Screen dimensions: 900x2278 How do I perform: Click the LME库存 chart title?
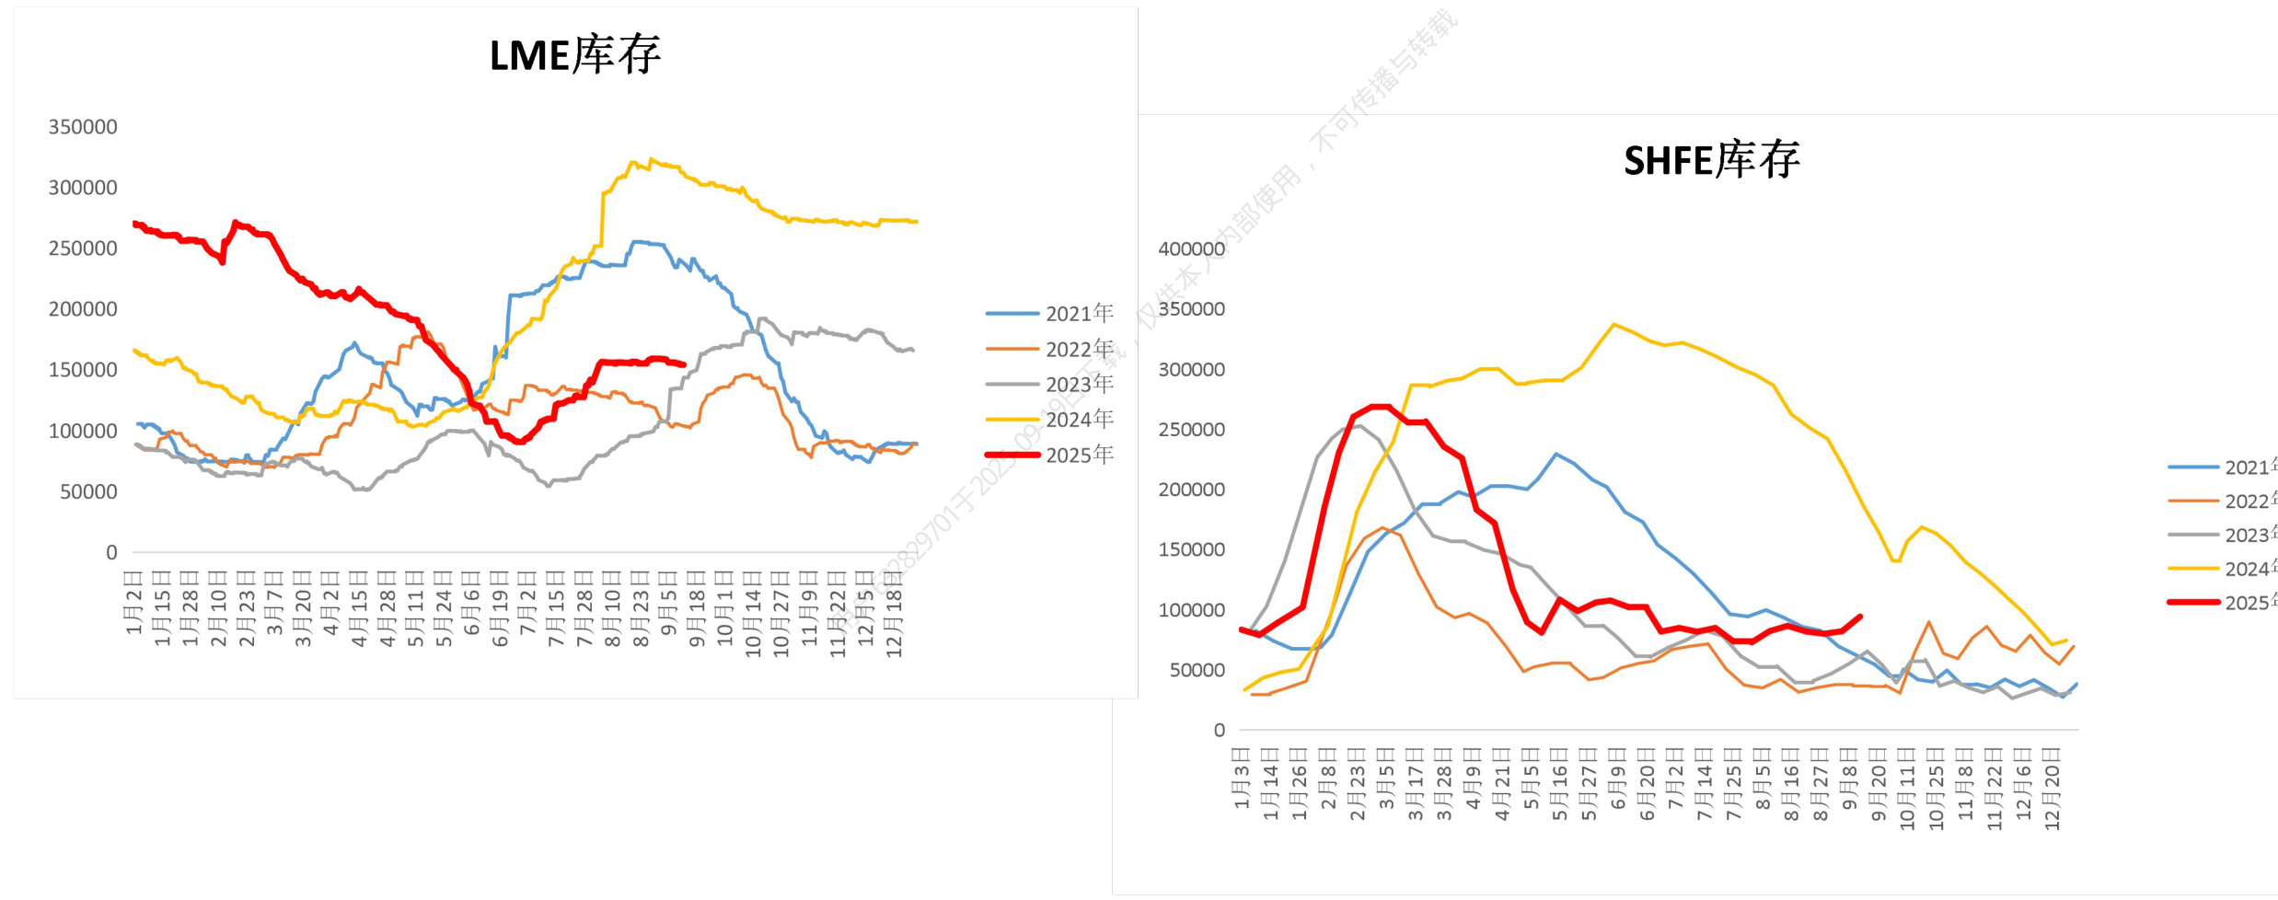pyautogui.click(x=574, y=56)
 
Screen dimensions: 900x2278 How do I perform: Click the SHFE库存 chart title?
pyautogui.click(x=1711, y=161)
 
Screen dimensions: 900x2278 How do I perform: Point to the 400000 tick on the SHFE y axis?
pyautogui.click(x=1191, y=248)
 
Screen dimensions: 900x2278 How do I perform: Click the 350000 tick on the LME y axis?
pyautogui.click(x=83, y=127)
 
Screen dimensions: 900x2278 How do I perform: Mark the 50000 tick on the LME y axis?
pyautogui.click(x=88, y=491)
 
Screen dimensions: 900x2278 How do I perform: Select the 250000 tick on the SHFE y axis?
pyautogui.click(x=1191, y=430)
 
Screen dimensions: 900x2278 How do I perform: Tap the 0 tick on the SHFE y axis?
pyautogui.click(x=1219, y=730)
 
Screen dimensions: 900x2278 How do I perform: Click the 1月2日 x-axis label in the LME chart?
pyautogui.click(x=134, y=602)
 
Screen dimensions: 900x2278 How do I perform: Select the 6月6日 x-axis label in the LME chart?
pyautogui.click(x=471, y=602)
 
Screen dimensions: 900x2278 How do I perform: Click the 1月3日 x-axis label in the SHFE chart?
pyautogui.click(x=1242, y=779)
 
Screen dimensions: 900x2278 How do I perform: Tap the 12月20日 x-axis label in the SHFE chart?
pyautogui.click(x=2052, y=789)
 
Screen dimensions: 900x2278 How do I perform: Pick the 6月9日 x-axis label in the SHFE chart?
pyautogui.click(x=1618, y=779)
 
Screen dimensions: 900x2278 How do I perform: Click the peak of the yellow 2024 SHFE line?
pyautogui.click(x=1614, y=324)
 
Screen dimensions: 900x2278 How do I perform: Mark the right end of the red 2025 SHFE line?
pyautogui.click(x=1860, y=617)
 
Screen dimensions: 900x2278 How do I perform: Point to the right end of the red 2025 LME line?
pyautogui.click(x=684, y=364)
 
